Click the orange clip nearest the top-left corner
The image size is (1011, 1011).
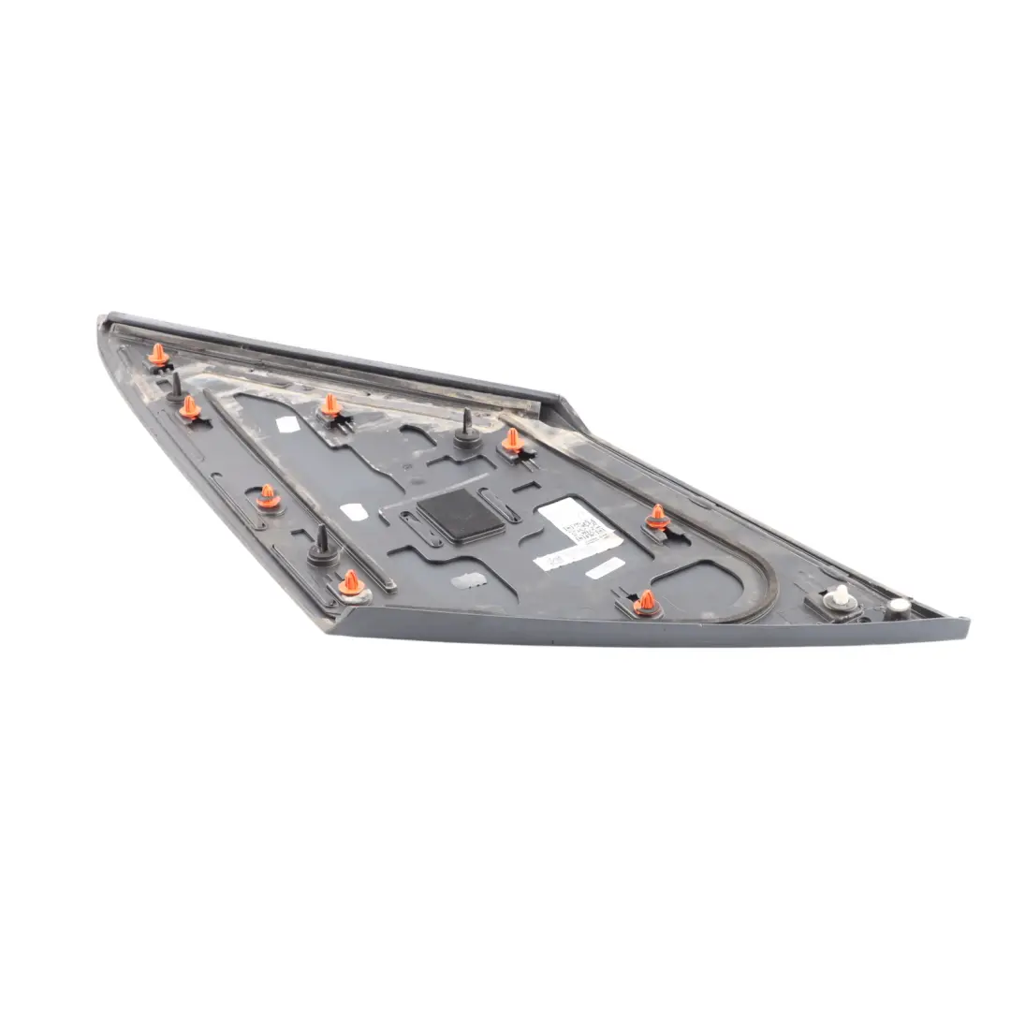(x=159, y=355)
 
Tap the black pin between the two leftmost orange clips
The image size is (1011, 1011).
(x=176, y=385)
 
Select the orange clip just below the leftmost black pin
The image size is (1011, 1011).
(x=190, y=407)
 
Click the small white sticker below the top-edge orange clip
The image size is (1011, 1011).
(x=288, y=424)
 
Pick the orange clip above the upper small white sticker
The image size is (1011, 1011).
(x=330, y=405)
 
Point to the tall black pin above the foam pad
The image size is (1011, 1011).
(x=466, y=426)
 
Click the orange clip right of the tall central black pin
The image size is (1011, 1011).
(x=513, y=440)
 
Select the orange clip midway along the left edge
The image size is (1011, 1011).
(x=268, y=496)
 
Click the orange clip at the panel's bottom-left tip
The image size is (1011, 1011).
(x=351, y=582)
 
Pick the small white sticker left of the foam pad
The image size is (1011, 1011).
(x=353, y=512)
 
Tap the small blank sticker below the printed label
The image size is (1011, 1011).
(x=607, y=568)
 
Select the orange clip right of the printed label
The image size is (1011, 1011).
(x=658, y=517)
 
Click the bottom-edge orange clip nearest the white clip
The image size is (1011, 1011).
(x=645, y=602)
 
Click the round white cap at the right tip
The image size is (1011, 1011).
(x=900, y=606)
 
